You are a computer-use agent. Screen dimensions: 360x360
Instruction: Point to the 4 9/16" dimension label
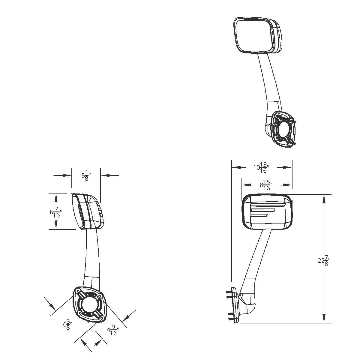coord(113,331)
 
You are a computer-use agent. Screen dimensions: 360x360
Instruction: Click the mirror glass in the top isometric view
coord(254,35)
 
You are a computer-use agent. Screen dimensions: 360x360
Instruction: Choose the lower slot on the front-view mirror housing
coord(260,215)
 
